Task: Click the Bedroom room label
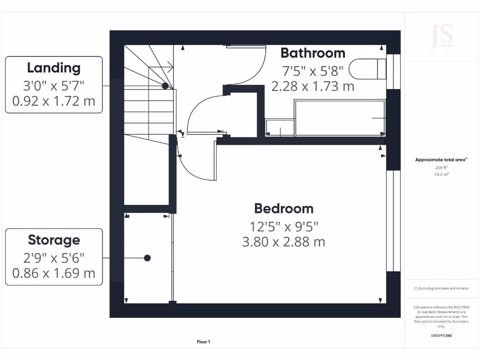coord(284,208)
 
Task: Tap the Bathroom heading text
coord(313,52)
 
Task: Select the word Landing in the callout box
coord(53,67)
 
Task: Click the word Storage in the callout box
coord(53,240)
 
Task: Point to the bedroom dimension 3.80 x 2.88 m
coord(284,242)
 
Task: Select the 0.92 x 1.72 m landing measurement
coord(53,101)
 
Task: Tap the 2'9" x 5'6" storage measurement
coord(53,257)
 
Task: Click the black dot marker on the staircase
coord(165,86)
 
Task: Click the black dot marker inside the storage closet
coord(147,258)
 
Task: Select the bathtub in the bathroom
coord(339,117)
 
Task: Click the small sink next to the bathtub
coord(280,127)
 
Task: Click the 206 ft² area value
coord(441,167)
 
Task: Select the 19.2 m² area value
coord(441,174)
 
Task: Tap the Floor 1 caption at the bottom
coord(203,342)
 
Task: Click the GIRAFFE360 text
coord(441,336)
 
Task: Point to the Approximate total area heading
coord(441,160)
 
